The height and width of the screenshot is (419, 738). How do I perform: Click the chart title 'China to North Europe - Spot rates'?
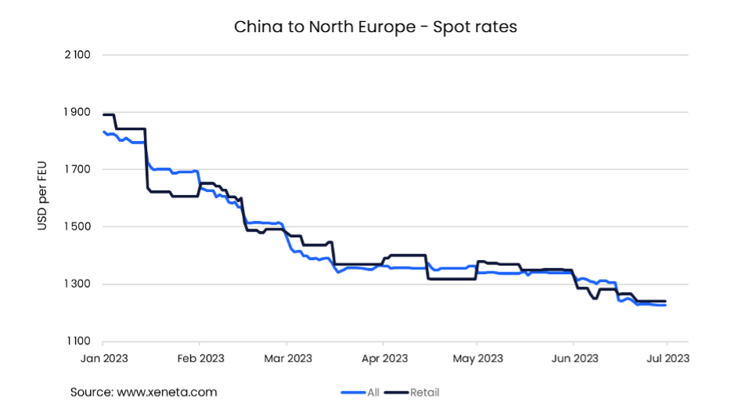[376, 27]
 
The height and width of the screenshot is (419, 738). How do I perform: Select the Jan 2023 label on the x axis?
[103, 359]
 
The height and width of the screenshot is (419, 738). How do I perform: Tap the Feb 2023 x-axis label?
[200, 359]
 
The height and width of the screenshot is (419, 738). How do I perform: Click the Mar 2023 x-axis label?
[287, 359]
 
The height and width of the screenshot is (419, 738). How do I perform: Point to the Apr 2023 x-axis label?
[383, 359]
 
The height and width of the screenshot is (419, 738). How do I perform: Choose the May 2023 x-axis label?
[477, 359]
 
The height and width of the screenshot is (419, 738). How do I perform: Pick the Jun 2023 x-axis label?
[574, 359]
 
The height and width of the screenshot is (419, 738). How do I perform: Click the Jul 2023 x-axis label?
[667, 359]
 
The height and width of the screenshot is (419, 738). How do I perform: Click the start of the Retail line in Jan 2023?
[104, 114]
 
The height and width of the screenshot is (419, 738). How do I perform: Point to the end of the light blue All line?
[665, 305]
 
